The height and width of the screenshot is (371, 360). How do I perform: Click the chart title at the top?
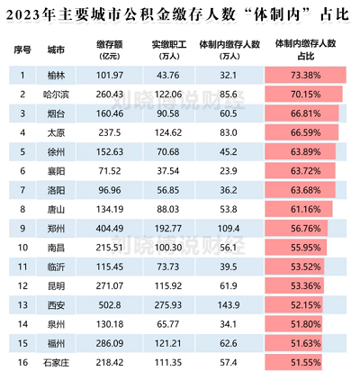[180, 14]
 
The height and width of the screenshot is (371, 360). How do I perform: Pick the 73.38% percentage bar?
[305, 74]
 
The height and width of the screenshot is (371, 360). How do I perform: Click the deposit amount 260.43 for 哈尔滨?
[109, 93]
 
